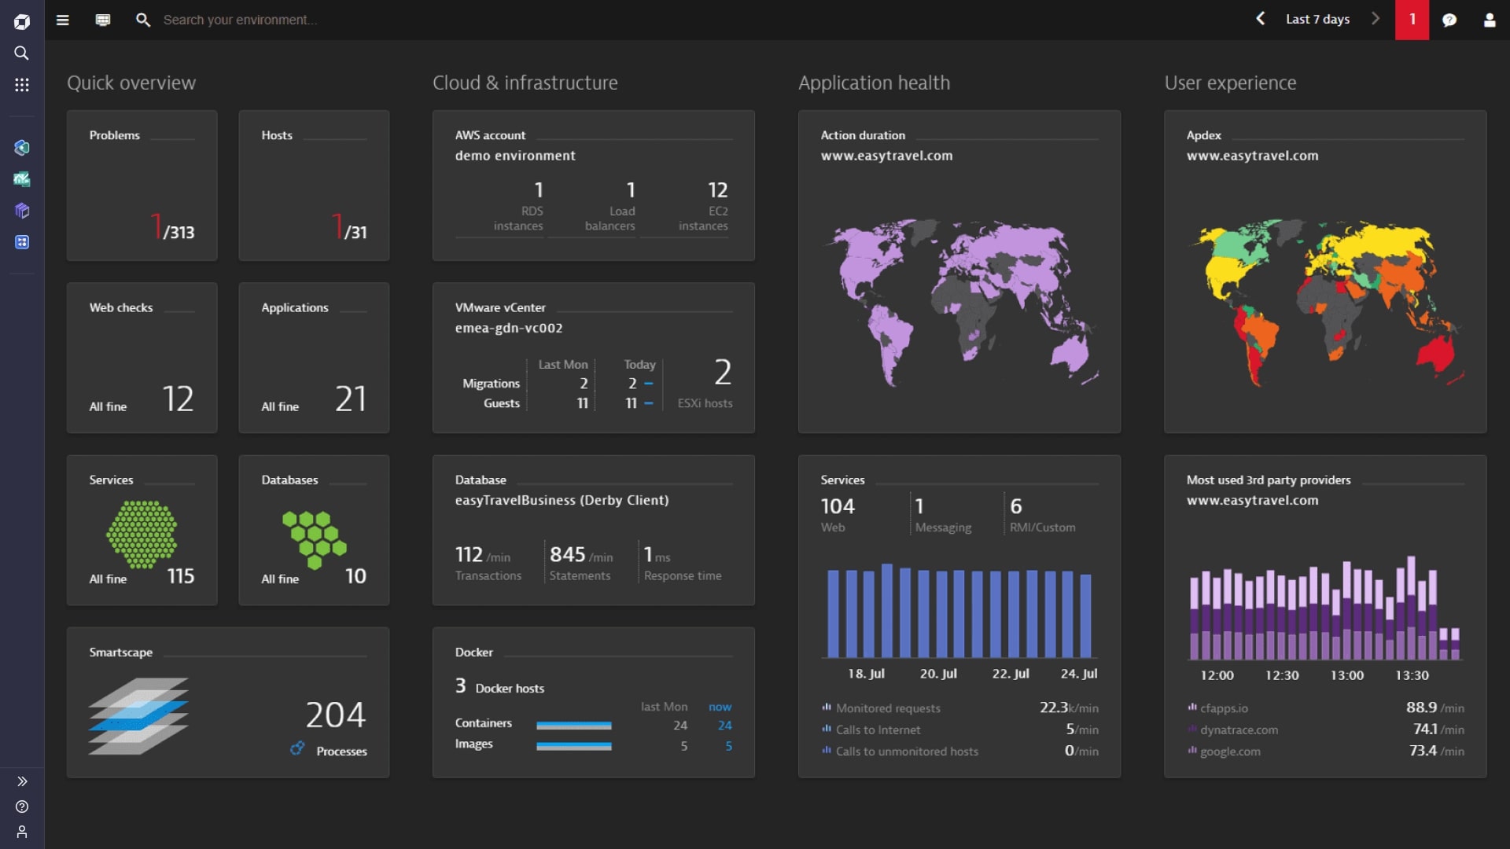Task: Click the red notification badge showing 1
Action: pos(1412,20)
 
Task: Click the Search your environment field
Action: pos(240,20)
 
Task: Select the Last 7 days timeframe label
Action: pos(1317,20)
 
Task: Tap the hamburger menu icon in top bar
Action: pos(63,20)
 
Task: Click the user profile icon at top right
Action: pos(1489,20)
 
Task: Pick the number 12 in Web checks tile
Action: pos(178,399)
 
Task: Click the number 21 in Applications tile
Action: pos(350,399)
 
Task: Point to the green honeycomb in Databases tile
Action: pos(315,538)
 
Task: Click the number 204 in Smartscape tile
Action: pos(335,715)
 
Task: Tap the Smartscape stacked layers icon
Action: pos(138,716)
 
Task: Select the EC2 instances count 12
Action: pos(717,190)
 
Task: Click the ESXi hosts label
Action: pos(705,403)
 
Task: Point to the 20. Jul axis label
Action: pos(938,674)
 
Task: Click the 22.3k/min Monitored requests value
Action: pos(1068,707)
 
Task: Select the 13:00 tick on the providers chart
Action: pos(1346,675)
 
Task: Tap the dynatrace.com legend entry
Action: pos(1239,730)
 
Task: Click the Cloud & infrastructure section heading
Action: pos(525,83)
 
